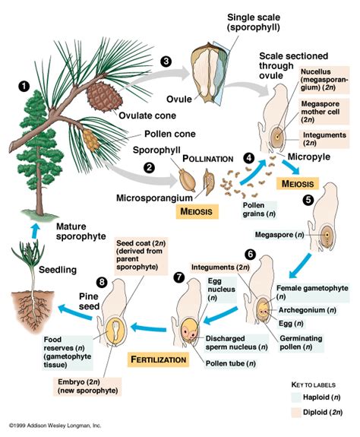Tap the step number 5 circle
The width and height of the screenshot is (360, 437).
coord(308,201)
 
